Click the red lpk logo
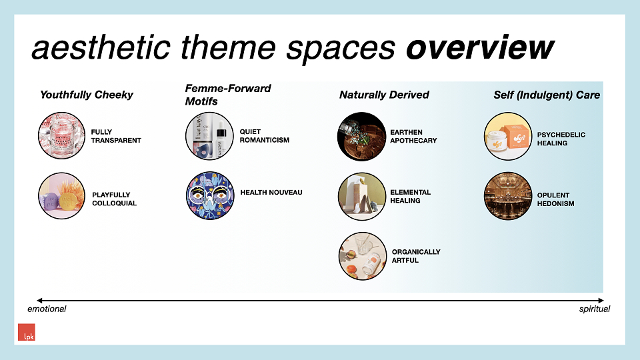pos(27,332)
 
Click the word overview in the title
pos(480,47)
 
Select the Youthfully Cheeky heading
pos(87,95)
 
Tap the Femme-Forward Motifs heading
pos(228,95)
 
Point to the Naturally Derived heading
pos(384,95)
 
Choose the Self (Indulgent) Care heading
pos(547,95)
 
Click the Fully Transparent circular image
pos(61,135)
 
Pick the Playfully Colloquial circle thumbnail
pos(61,196)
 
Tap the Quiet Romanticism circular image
pos(209,136)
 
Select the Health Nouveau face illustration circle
pos(210,195)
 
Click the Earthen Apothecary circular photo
pos(361,136)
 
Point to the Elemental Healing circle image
pos(362,196)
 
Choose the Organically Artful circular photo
pos(363,256)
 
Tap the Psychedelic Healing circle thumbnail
pos(508,136)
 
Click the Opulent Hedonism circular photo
pos(508,196)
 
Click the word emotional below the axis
pos(47,309)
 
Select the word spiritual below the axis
pos(594,309)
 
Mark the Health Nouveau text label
pos(271,192)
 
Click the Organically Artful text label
pos(416,256)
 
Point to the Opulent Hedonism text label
pos(555,199)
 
